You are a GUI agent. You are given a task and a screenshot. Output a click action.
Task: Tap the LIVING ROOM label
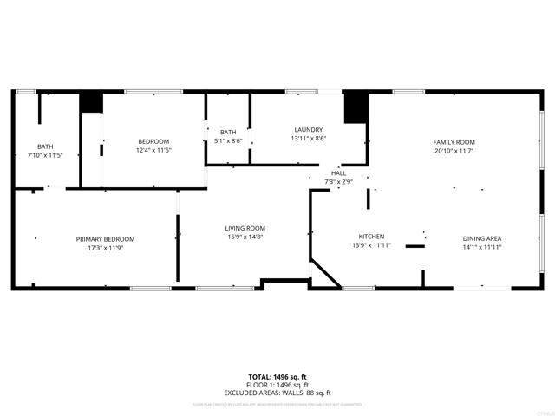click(245, 228)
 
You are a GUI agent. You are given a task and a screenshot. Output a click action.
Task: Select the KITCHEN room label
click(372, 237)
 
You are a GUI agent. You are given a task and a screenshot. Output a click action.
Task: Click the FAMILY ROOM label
click(454, 142)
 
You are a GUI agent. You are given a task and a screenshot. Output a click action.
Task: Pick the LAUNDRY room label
click(308, 129)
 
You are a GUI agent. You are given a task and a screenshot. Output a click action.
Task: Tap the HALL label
click(338, 173)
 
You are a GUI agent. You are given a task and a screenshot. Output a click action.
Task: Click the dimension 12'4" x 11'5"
click(153, 150)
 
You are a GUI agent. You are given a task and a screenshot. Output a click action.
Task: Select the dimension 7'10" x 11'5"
click(45, 155)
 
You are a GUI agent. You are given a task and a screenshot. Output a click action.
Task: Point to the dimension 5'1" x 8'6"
click(228, 140)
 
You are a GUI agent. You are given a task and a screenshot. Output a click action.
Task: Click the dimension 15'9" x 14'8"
click(245, 237)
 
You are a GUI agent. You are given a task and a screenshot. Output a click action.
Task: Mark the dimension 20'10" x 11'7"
click(454, 151)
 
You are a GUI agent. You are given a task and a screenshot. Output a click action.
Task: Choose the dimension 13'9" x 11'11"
click(372, 246)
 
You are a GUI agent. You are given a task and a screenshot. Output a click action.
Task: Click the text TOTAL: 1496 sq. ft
click(277, 377)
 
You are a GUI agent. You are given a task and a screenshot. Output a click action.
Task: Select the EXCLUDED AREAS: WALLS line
click(277, 393)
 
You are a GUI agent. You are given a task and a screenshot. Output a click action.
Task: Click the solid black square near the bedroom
click(91, 102)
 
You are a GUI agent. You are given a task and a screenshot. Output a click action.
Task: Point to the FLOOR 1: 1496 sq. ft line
click(277, 385)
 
